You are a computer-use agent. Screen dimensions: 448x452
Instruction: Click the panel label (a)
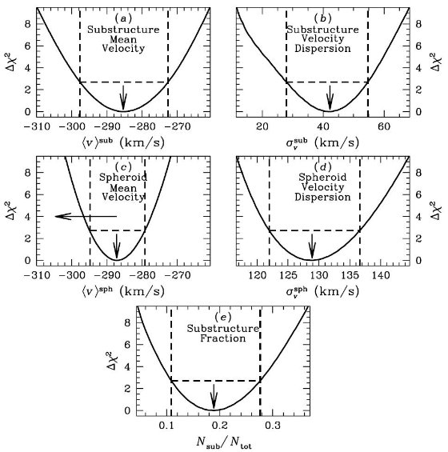point(123,18)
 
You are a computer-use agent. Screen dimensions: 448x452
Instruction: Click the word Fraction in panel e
point(222,338)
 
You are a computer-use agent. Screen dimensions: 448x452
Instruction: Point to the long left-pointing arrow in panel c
point(86,216)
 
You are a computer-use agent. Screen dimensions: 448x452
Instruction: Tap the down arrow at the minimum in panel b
point(330,98)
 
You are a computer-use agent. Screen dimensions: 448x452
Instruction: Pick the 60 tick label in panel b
point(384,126)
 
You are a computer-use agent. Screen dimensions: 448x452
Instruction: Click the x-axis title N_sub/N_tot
point(224,442)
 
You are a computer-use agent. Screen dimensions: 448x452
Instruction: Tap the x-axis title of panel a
point(123,142)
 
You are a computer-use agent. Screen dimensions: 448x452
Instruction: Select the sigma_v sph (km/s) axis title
point(322,291)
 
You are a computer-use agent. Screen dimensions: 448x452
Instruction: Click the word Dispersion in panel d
point(322,198)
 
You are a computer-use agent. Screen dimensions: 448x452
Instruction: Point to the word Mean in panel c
point(123,188)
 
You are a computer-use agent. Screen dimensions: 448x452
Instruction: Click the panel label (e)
point(223,317)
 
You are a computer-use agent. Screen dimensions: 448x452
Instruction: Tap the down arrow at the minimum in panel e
point(214,397)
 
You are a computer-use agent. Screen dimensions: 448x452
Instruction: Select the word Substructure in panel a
point(123,30)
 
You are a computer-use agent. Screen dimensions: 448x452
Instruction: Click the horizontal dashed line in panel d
point(314,230)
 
